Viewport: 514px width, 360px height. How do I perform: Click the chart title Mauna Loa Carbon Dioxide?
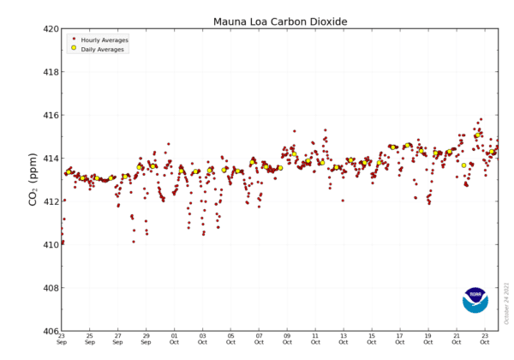tap(280, 21)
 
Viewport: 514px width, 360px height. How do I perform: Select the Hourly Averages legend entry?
tap(101, 40)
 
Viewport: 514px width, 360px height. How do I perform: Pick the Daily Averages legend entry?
tap(99, 49)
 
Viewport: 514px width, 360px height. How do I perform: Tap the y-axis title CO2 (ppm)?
tap(33, 179)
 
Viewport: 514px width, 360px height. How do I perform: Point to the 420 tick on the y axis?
tap(51, 29)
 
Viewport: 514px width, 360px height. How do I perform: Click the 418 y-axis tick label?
tap(51, 72)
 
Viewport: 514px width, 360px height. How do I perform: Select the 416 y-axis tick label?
tap(51, 116)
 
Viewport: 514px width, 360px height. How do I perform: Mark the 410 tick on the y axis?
tap(51, 244)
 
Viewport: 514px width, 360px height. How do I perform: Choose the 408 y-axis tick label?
tap(51, 288)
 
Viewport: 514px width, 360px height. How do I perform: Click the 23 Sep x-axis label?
tap(62, 339)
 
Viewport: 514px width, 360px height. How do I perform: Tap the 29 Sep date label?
tap(146, 339)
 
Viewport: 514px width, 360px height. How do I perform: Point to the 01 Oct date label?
tap(175, 339)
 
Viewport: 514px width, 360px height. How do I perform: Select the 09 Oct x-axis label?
tap(287, 339)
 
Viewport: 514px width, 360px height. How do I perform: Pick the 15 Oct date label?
tap(372, 339)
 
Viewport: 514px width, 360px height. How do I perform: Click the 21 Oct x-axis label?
tap(457, 339)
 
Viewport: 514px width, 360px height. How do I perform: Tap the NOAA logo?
tap(475, 300)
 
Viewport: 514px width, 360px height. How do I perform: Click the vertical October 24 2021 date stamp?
tap(507, 303)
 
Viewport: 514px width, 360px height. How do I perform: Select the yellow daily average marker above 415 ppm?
tap(478, 135)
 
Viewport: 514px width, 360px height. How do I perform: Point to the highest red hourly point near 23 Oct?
tap(481, 119)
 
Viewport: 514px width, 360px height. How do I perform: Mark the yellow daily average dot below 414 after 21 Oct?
tap(463, 165)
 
